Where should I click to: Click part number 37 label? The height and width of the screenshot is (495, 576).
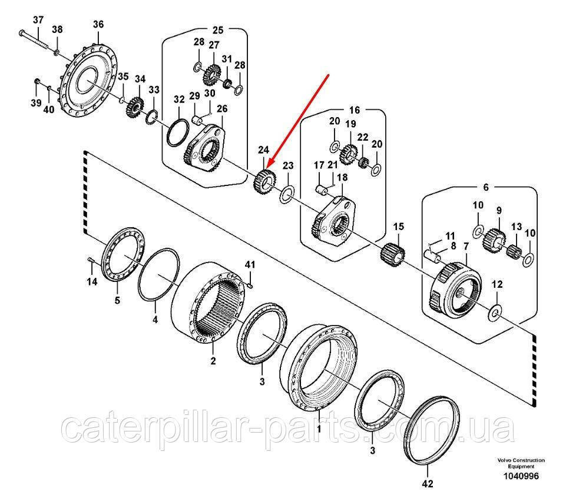[x=38, y=20]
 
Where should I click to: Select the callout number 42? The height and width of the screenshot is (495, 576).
[x=428, y=484]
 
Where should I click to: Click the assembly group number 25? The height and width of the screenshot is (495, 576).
[x=218, y=29]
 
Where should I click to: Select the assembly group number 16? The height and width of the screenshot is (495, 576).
[x=354, y=110]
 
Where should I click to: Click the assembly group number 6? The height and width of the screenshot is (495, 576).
[x=486, y=187]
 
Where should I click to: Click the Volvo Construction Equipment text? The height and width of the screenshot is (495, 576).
[x=520, y=463]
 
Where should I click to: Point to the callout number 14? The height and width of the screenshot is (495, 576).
[x=92, y=282]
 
